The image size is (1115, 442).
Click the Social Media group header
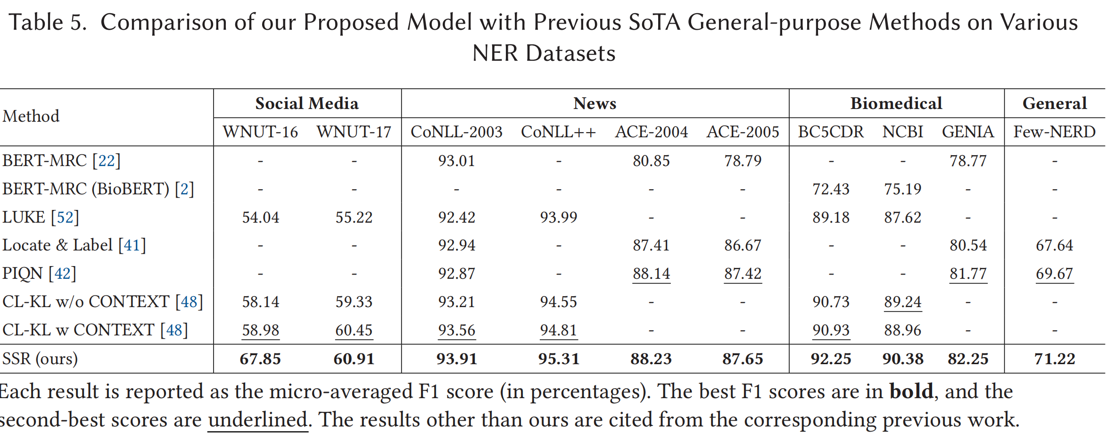(x=307, y=103)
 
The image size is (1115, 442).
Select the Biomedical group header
(x=896, y=103)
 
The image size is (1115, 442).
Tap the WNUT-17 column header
(x=354, y=132)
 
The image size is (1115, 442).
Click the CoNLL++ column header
(x=559, y=132)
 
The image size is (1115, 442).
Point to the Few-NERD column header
(x=1055, y=132)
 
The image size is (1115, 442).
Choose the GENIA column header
(x=968, y=132)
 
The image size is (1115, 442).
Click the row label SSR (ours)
(x=40, y=359)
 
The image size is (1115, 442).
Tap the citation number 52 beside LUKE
(x=65, y=217)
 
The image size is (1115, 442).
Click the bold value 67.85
(x=260, y=359)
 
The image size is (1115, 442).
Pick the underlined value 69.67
(x=1055, y=274)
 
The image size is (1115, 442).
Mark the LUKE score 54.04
(x=261, y=217)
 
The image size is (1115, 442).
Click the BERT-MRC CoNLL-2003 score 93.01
(x=456, y=161)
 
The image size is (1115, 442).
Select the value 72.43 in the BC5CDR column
(x=831, y=189)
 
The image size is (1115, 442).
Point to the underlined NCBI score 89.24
(x=903, y=302)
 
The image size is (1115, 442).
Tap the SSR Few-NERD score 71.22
(x=1055, y=359)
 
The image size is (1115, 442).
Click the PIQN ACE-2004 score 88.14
(x=651, y=274)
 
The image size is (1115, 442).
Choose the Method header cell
(x=31, y=116)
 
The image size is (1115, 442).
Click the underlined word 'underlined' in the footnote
(x=258, y=420)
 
